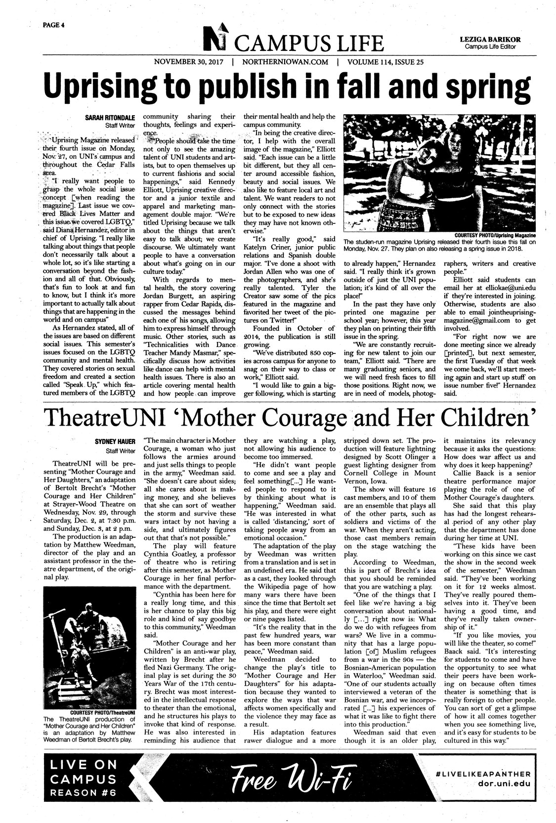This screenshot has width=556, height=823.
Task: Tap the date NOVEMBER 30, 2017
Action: [x=189, y=62]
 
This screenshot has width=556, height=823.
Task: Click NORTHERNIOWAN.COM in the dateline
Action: [x=282, y=62]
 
